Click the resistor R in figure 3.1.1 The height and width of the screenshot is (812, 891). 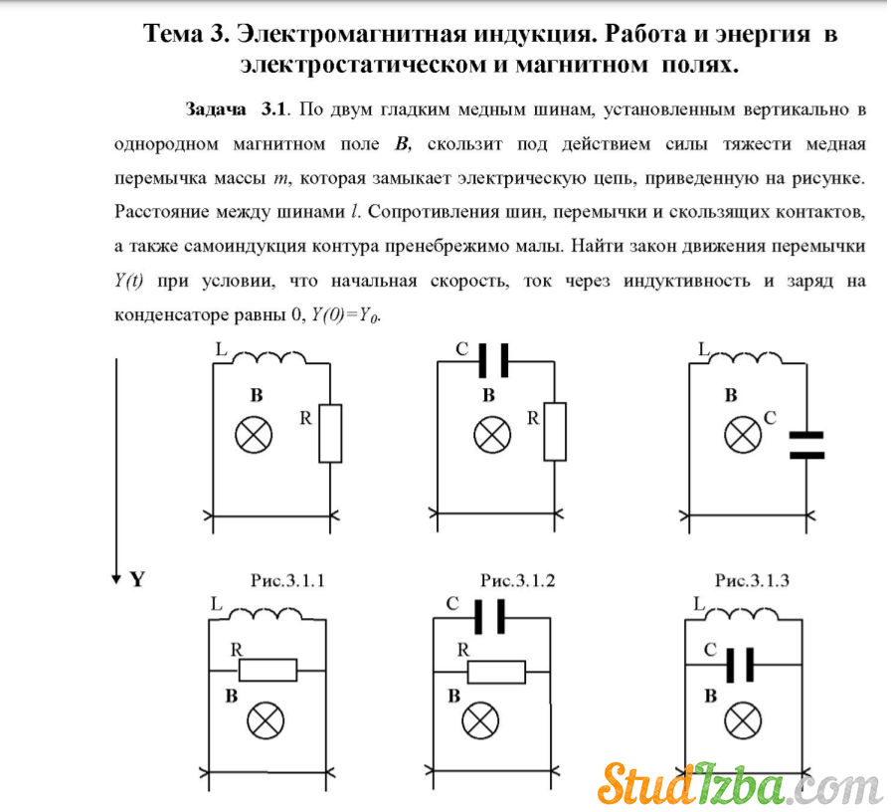(x=330, y=433)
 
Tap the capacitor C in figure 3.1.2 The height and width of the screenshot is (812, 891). (x=493, y=360)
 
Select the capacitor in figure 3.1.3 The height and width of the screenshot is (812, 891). (x=806, y=445)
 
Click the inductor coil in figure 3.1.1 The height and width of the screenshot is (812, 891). (x=269, y=358)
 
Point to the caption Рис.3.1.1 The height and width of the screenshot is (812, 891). (x=287, y=580)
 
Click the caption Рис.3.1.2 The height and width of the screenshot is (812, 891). (x=517, y=580)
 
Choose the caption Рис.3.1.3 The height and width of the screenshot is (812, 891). (x=752, y=580)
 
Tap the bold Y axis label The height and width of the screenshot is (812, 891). (x=137, y=579)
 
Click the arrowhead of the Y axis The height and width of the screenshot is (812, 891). (x=116, y=579)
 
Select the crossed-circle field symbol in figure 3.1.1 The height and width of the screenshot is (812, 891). (x=254, y=435)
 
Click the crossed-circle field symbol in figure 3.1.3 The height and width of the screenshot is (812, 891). (x=743, y=435)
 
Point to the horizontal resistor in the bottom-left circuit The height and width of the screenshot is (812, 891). (x=267, y=671)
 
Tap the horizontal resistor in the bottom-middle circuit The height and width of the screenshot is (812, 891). (x=496, y=672)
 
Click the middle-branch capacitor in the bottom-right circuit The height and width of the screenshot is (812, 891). (x=741, y=664)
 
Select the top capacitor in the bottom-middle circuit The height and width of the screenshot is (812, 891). (x=489, y=616)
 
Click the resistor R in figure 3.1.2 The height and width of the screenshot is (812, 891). (x=555, y=432)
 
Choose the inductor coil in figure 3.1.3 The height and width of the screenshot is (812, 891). (x=746, y=358)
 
